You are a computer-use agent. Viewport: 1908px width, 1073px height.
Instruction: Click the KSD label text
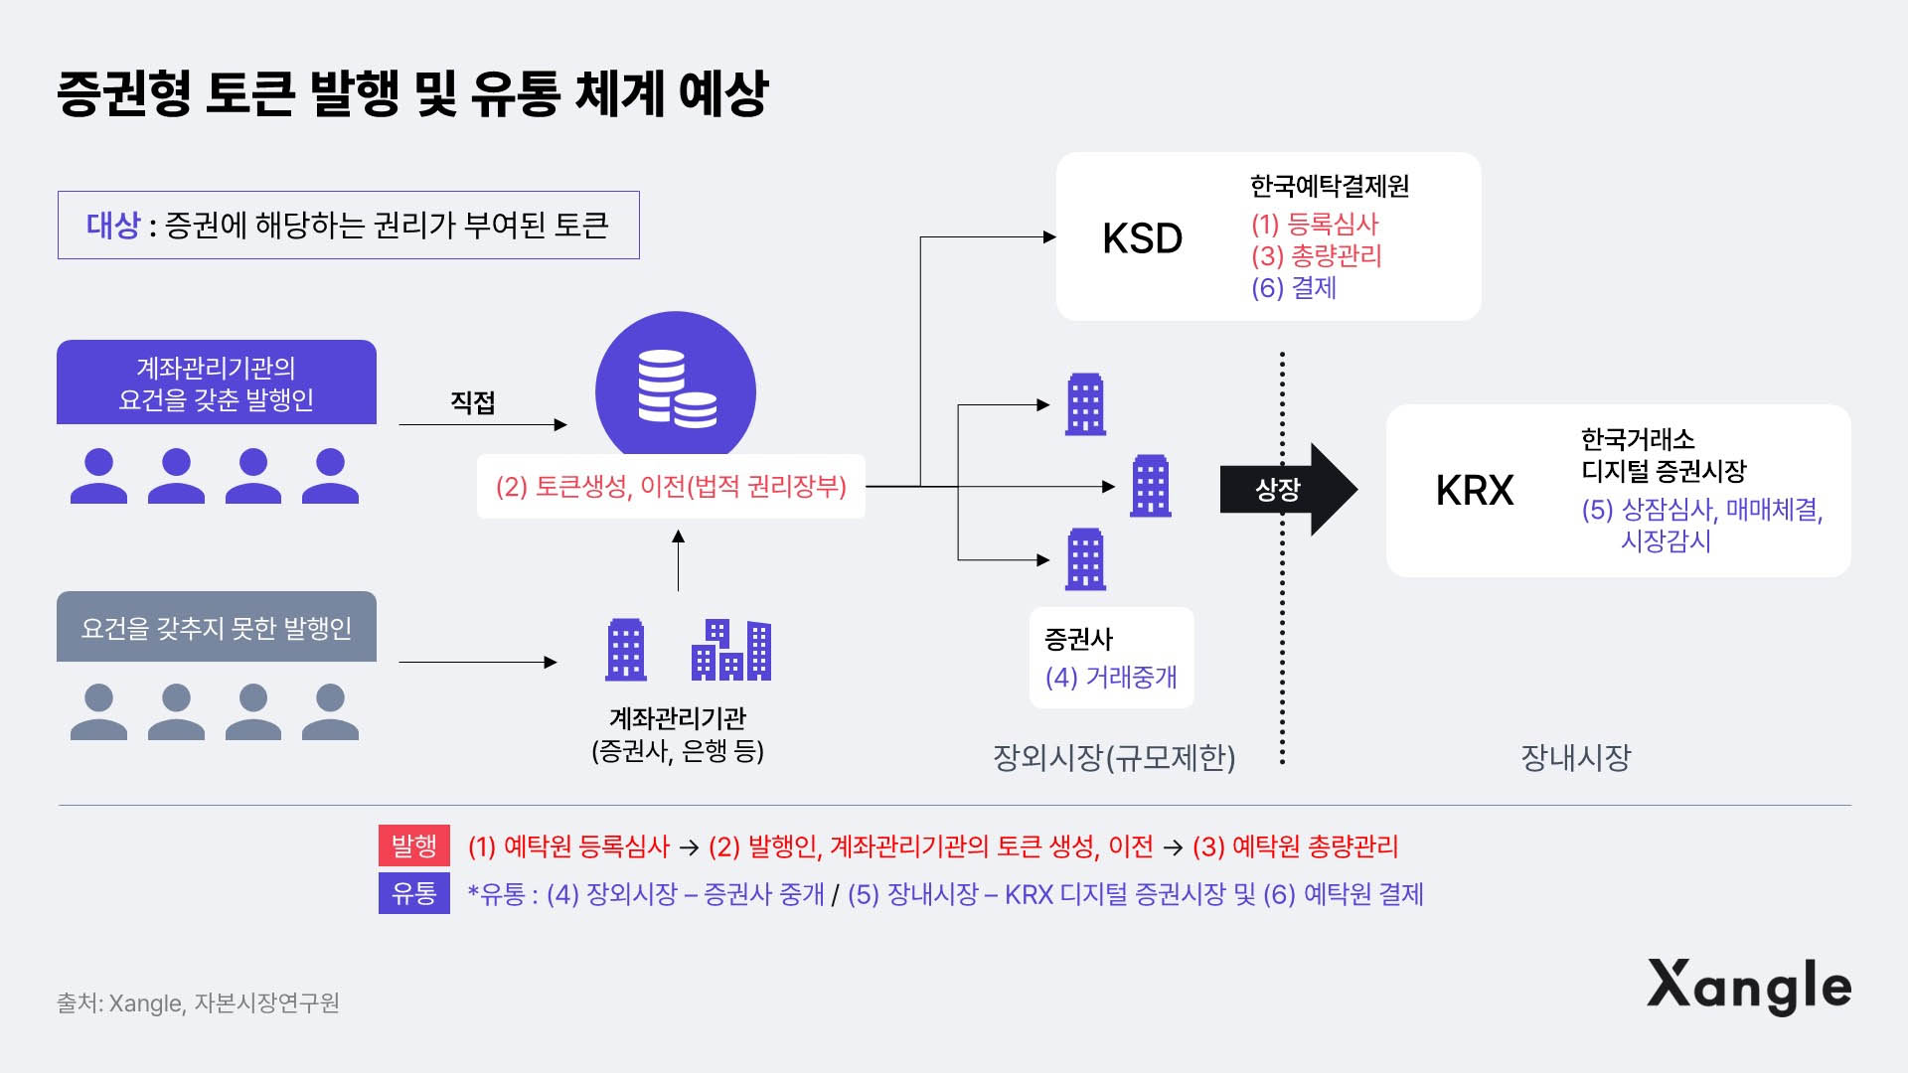point(1142,238)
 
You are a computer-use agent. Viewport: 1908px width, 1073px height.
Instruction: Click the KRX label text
point(1475,490)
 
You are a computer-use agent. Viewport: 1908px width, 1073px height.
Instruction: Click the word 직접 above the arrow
point(473,402)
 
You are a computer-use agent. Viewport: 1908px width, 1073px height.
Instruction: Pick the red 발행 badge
point(413,845)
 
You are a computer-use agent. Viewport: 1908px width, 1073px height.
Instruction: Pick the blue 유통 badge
point(413,893)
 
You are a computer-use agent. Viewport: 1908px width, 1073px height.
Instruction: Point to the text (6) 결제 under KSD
point(1294,288)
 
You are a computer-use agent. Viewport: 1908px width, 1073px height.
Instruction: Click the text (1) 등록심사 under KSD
point(1315,225)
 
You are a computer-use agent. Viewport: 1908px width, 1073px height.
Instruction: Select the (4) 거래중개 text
point(1111,678)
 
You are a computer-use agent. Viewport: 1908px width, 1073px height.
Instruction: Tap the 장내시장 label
point(1576,758)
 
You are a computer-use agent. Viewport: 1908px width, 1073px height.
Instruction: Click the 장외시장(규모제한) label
point(1114,758)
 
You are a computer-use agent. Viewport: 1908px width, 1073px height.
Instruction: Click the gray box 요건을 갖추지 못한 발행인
point(217,628)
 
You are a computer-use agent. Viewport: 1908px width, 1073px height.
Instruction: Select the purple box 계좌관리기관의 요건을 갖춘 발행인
point(217,383)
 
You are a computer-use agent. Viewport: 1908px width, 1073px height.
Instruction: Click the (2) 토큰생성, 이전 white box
point(671,487)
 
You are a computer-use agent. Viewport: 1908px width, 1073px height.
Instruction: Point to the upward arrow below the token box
point(679,561)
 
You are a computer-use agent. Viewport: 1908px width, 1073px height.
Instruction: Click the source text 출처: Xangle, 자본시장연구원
point(198,1003)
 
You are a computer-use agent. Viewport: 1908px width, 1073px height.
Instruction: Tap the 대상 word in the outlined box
point(113,226)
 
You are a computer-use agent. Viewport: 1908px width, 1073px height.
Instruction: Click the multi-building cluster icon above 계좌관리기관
point(731,651)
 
